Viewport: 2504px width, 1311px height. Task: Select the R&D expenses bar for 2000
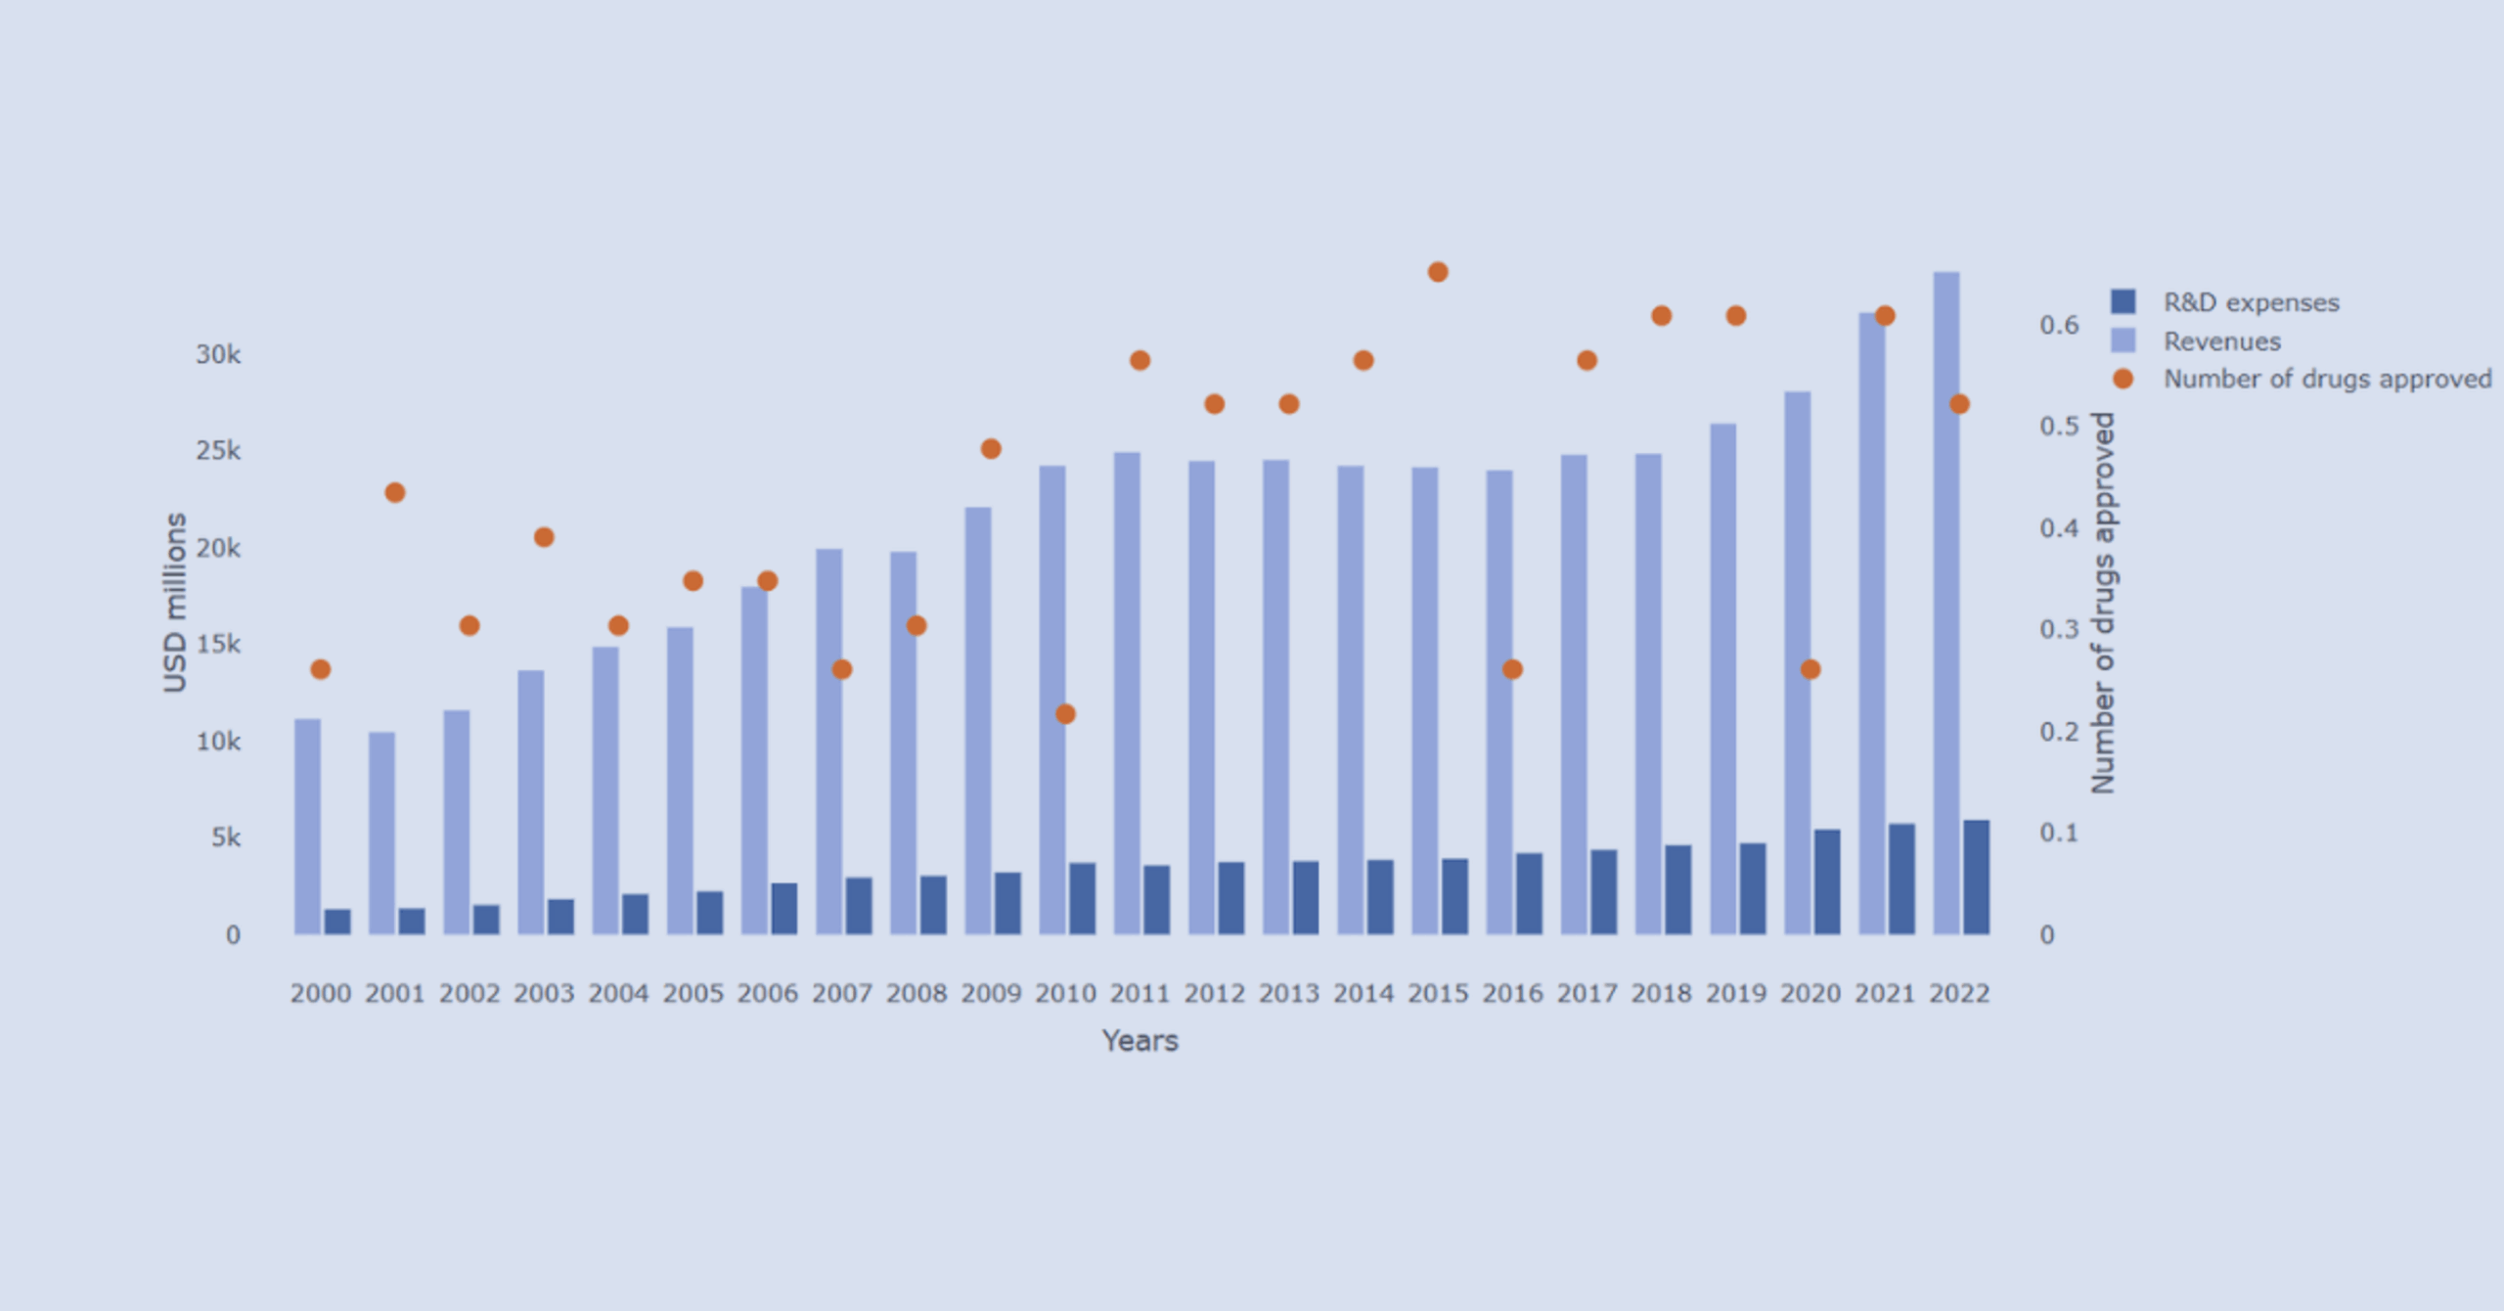click(x=337, y=922)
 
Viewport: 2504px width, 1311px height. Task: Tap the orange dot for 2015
click(x=1438, y=272)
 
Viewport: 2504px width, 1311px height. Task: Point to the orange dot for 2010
click(x=1065, y=714)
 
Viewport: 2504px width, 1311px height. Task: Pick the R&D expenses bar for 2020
click(x=1827, y=882)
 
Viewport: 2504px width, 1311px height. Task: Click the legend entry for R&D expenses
click(x=2250, y=302)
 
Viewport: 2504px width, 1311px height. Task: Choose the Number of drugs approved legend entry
click(x=2326, y=379)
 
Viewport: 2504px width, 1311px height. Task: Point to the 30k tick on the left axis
click(x=218, y=354)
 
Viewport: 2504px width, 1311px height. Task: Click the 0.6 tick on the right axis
click(x=2059, y=325)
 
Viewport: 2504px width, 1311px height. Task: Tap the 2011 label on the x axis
click(x=1140, y=993)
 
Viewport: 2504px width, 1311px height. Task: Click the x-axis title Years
click(x=1140, y=1040)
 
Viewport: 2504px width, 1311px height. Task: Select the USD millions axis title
click(x=175, y=603)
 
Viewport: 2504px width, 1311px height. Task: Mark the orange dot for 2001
click(x=395, y=492)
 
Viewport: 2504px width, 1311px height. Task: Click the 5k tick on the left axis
click(x=226, y=837)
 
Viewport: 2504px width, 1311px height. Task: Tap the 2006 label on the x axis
click(x=767, y=993)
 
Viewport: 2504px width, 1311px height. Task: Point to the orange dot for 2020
click(x=1811, y=669)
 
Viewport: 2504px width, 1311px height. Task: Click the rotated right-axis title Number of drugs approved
click(x=2103, y=603)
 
